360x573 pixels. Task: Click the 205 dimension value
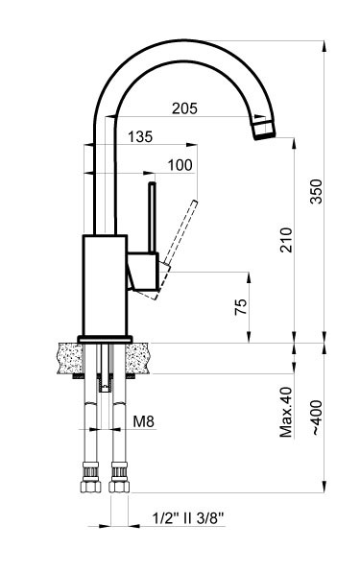(185, 109)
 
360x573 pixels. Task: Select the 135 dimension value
(139, 137)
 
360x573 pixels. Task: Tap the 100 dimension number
(180, 164)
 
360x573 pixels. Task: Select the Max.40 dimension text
(285, 413)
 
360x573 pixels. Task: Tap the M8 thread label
(143, 419)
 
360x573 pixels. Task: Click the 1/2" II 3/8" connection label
(188, 519)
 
